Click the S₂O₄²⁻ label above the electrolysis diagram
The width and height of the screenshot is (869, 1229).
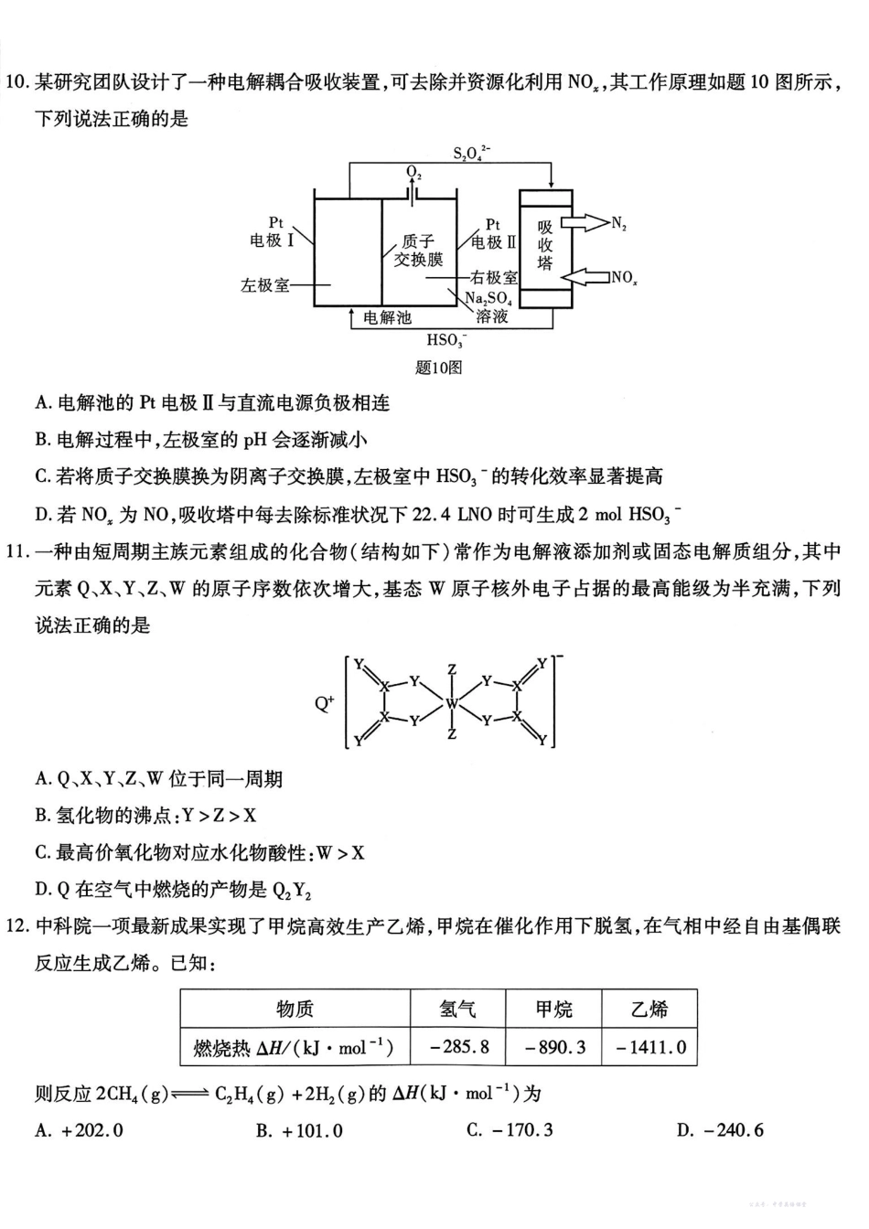[x=472, y=153]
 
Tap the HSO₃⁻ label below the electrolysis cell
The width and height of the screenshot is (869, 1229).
[x=447, y=340]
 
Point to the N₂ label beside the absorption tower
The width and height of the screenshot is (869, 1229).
[x=619, y=223]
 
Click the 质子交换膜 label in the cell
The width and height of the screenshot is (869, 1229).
[x=418, y=251]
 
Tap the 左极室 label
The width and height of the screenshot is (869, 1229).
[x=265, y=285]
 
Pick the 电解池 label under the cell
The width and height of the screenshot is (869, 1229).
[x=387, y=317]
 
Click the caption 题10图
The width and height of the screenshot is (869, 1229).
[x=438, y=367]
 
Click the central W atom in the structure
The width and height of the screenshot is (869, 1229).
[x=452, y=704]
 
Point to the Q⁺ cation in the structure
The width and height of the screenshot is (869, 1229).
[x=325, y=704]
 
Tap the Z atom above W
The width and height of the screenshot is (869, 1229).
[x=452, y=670]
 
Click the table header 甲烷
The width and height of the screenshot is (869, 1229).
[x=554, y=1009]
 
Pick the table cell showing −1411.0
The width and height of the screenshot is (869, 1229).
[x=650, y=1046]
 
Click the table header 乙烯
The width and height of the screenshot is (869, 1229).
[x=649, y=1009]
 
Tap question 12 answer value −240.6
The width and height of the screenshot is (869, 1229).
[x=733, y=1130]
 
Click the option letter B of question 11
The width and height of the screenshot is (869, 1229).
[x=41, y=816]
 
